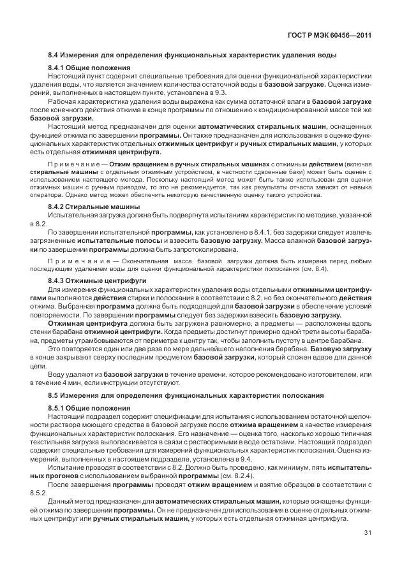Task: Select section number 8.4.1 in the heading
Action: (57, 68)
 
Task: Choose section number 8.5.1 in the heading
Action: (57, 407)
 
